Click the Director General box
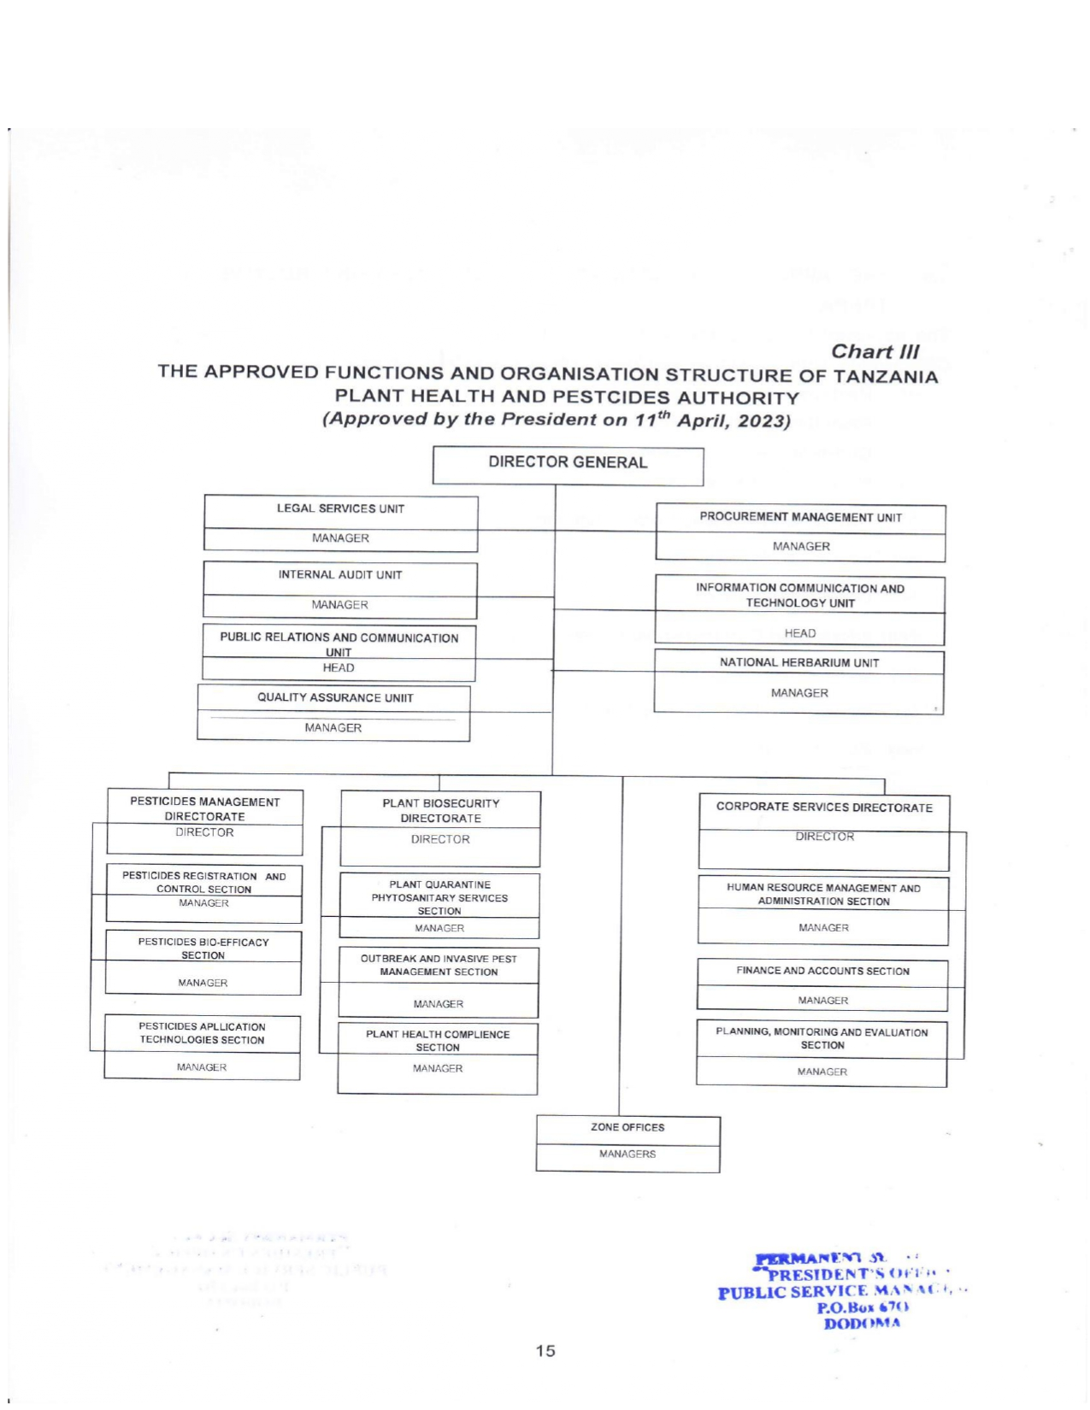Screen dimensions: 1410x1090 click(x=568, y=462)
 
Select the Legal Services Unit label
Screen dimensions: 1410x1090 click(x=340, y=508)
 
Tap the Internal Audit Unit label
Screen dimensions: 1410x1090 click(x=339, y=575)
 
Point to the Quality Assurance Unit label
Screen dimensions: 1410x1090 click(x=335, y=697)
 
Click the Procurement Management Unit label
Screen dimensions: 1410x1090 click(x=800, y=517)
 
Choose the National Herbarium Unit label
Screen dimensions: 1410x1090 click(x=798, y=662)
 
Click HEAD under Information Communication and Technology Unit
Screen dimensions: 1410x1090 click(x=800, y=633)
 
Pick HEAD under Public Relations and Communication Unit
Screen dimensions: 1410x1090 click(x=339, y=667)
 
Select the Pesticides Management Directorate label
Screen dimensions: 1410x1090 click(x=205, y=808)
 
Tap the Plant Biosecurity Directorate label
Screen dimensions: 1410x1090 click(x=440, y=810)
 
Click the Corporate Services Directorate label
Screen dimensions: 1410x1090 click(x=824, y=807)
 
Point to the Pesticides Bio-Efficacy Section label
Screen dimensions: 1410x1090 click(x=203, y=949)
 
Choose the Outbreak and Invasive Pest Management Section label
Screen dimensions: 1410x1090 click(x=439, y=965)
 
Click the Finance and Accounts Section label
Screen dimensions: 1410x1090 click(x=822, y=971)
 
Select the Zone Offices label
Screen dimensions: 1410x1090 click(x=627, y=1127)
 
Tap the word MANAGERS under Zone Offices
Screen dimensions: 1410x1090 click(x=627, y=1154)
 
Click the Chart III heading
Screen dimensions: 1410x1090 click(x=875, y=351)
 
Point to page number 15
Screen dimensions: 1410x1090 click(x=545, y=1351)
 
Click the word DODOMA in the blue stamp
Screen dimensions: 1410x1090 click(x=862, y=1324)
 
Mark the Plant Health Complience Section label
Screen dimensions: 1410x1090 click(x=438, y=1040)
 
